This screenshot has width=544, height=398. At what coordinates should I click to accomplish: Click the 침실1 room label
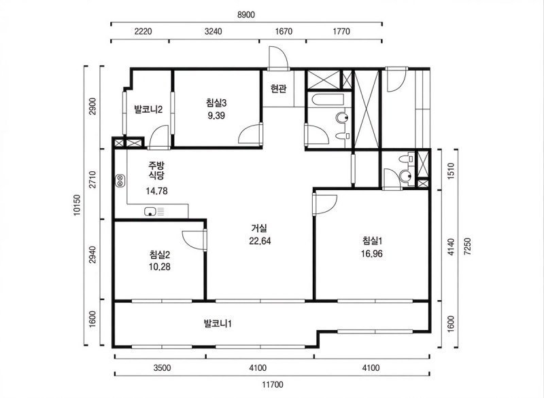coord(372,240)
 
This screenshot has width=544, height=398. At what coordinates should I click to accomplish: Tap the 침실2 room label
coord(160,255)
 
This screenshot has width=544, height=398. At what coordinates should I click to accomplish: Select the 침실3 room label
coord(216,103)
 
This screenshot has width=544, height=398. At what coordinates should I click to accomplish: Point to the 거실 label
coord(259,228)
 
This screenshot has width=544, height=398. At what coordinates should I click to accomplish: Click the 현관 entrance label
coord(279,89)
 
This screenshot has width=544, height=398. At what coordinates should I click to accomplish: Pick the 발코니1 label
coord(218,324)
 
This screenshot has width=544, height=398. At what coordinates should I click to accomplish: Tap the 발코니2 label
coord(148,109)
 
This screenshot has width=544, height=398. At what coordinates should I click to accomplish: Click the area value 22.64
coord(260,240)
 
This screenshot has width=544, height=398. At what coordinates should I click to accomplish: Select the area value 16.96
coord(371,254)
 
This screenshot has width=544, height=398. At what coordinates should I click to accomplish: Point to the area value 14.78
coord(156,191)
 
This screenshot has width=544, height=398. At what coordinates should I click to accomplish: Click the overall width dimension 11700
coord(273,384)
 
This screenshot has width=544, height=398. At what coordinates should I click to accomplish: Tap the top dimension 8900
coord(246,15)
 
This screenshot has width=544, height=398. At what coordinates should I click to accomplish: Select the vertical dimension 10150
coord(77,205)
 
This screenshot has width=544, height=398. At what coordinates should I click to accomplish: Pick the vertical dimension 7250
coord(467,247)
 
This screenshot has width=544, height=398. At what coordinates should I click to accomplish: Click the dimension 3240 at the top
coord(213,31)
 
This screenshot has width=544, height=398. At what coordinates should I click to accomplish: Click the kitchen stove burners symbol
coord(120,181)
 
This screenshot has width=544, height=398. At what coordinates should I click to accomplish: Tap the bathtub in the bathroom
coord(328,100)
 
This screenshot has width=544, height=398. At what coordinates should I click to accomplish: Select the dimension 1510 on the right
coord(451,170)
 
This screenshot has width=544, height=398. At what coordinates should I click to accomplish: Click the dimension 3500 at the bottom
coord(162,367)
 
